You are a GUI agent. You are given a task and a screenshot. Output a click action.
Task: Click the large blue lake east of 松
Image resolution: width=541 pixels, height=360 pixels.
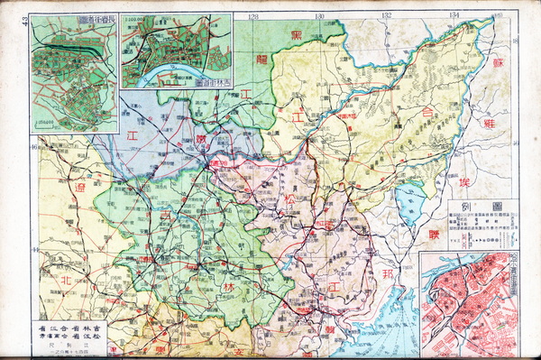point(410,200)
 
